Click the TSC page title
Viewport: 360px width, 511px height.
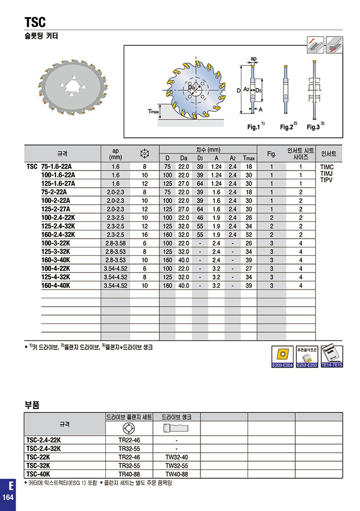pyautogui.click(x=35, y=22)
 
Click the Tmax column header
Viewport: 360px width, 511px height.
pyautogui.click(x=249, y=158)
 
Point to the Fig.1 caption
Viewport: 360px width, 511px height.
pyautogui.click(x=254, y=127)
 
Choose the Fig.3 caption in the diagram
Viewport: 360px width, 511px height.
pyautogui.click(x=314, y=127)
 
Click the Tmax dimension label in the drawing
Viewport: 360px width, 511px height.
pyautogui.click(x=153, y=111)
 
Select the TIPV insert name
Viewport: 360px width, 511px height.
pyautogui.click(x=327, y=180)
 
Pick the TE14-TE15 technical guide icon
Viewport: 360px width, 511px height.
pyautogui.click(x=332, y=357)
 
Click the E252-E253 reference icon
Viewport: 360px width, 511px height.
pyautogui.click(x=306, y=357)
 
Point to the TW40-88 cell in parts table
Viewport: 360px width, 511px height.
pyautogui.click(x=176, y=474)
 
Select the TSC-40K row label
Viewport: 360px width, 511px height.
pyautogui.click(x=38, y=474)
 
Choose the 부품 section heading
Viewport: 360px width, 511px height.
pyautogui.click(x=33, y=404)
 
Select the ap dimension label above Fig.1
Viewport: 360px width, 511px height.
pyautogui.click(x=253, y=58)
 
